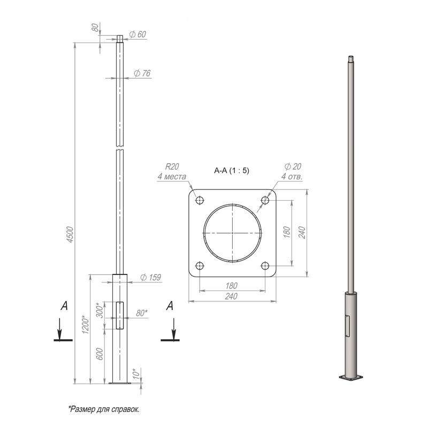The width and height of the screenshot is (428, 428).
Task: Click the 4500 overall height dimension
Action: (x=70, y=234)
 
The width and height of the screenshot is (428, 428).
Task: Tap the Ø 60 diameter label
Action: (x=137, y=34)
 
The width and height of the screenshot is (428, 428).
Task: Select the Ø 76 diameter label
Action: (x=142, y=73)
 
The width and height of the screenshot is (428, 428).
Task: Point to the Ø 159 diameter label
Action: (x=150, y=277)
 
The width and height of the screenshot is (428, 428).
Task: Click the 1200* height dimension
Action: (x=86, y=325)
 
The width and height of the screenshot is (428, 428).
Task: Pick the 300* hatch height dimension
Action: (x=100, y=310)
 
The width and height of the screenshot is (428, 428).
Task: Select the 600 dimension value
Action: (x=100, y=354)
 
